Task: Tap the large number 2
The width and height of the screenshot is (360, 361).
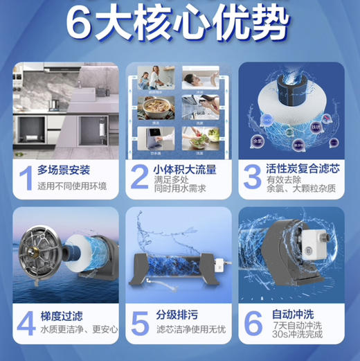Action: click(139, 177)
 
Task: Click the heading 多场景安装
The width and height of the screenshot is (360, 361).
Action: click(64, 170)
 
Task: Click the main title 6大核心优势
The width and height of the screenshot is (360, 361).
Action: click(178, 24)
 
